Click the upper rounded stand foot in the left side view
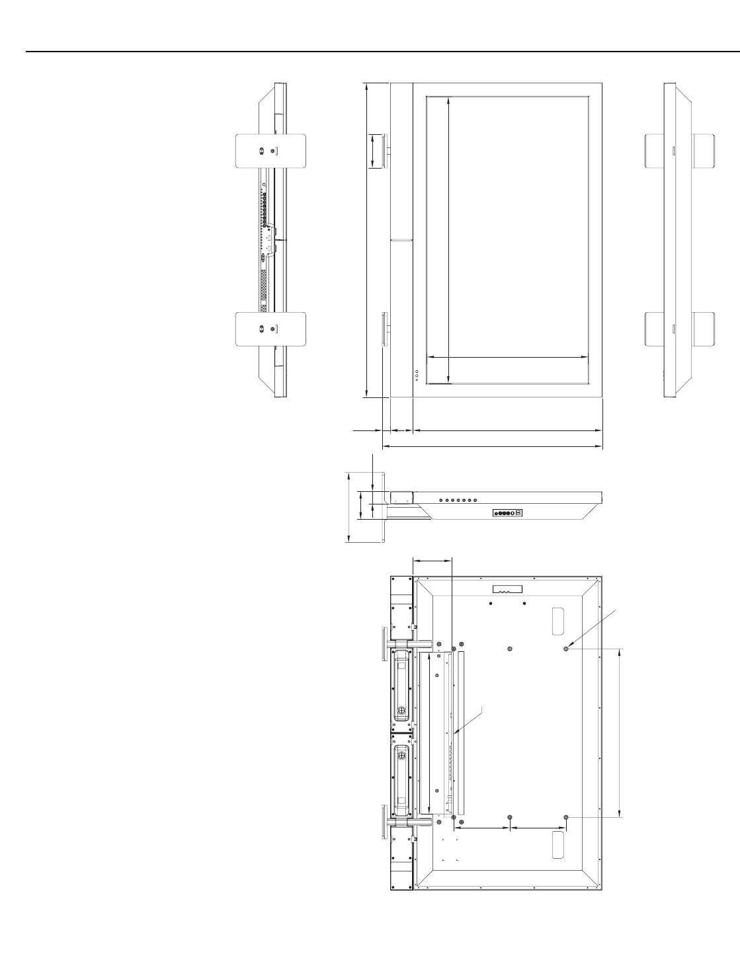[271, 152]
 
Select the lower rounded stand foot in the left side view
[271, 329]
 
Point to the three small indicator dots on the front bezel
[417, 375]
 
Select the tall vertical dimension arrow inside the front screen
[449, 238]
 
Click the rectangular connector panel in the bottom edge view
[508, 513]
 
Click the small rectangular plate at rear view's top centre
[507, 590]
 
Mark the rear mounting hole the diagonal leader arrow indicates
[567, 649]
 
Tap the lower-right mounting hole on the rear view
[567, 818]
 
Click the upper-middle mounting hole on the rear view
[509, 649]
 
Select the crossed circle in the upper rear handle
[401, 712]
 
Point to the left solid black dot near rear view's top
[490, 604]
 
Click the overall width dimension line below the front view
[493, 447]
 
